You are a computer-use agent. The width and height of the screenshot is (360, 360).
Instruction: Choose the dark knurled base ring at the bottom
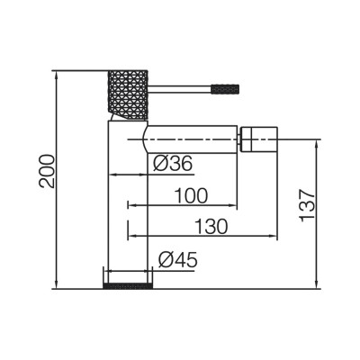[x=125, y=286]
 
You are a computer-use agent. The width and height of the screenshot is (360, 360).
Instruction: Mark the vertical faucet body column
[x=125, y=207]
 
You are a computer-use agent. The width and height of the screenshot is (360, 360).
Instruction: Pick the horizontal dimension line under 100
[x=184, y=206]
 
